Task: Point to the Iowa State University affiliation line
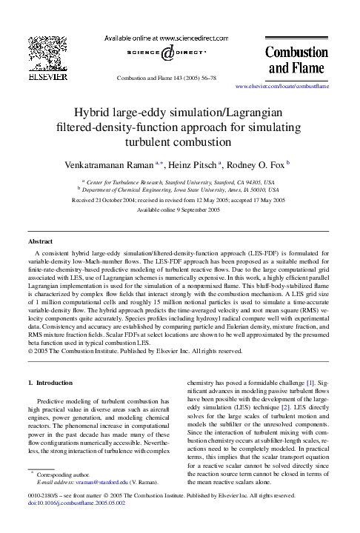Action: click(180, 190)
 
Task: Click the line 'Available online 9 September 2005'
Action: click(180, 210)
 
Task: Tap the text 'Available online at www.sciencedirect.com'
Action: click(167, 38)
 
